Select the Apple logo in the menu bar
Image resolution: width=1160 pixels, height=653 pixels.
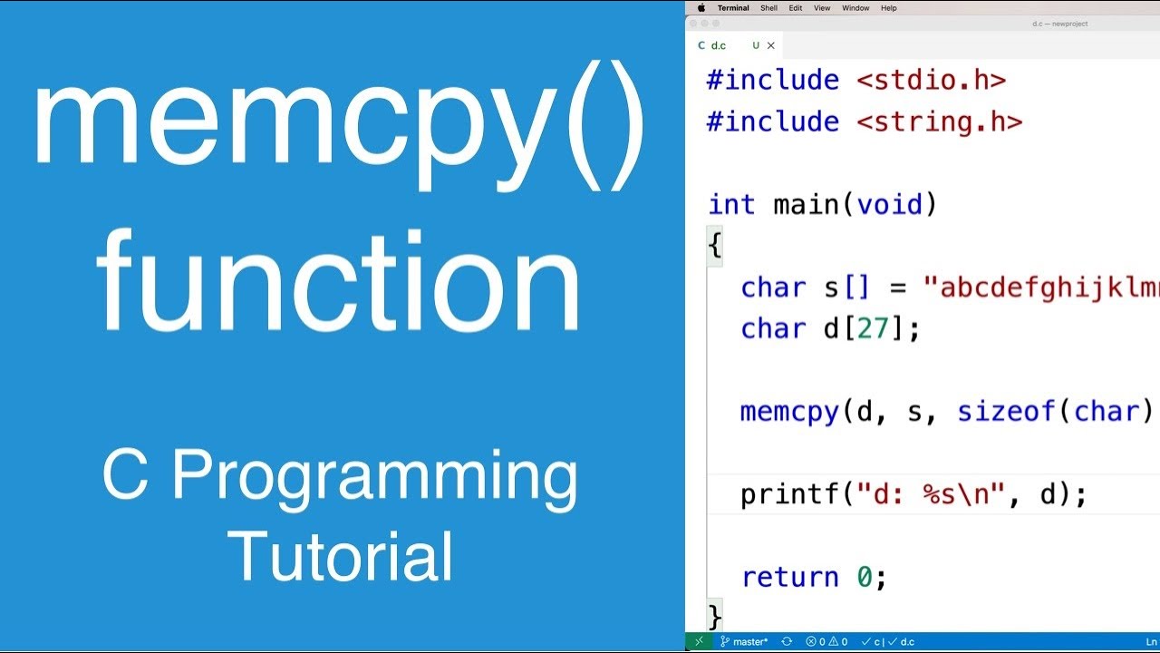coord(701,8)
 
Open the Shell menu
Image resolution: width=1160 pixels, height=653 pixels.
coord(768,8)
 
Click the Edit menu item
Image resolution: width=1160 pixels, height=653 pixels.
coord(795,8)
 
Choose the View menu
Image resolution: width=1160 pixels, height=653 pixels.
coord(822,8)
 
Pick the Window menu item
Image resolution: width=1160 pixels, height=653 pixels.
coord(855,8)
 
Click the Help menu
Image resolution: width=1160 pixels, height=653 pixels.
coord(889,8)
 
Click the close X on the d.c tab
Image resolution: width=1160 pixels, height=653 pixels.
coord(771,45)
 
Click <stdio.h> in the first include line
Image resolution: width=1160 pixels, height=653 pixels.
coord(932,80)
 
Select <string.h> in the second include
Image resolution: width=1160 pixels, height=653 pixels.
coord(940,122)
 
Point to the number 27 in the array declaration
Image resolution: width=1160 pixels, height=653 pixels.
coord(872,328)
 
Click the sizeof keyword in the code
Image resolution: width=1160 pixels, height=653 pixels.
coord(1006,412)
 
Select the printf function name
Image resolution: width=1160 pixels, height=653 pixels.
coord(788,494)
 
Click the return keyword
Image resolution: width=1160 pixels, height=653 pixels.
coord(790,577)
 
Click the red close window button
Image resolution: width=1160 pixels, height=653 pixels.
coord(693,24)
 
